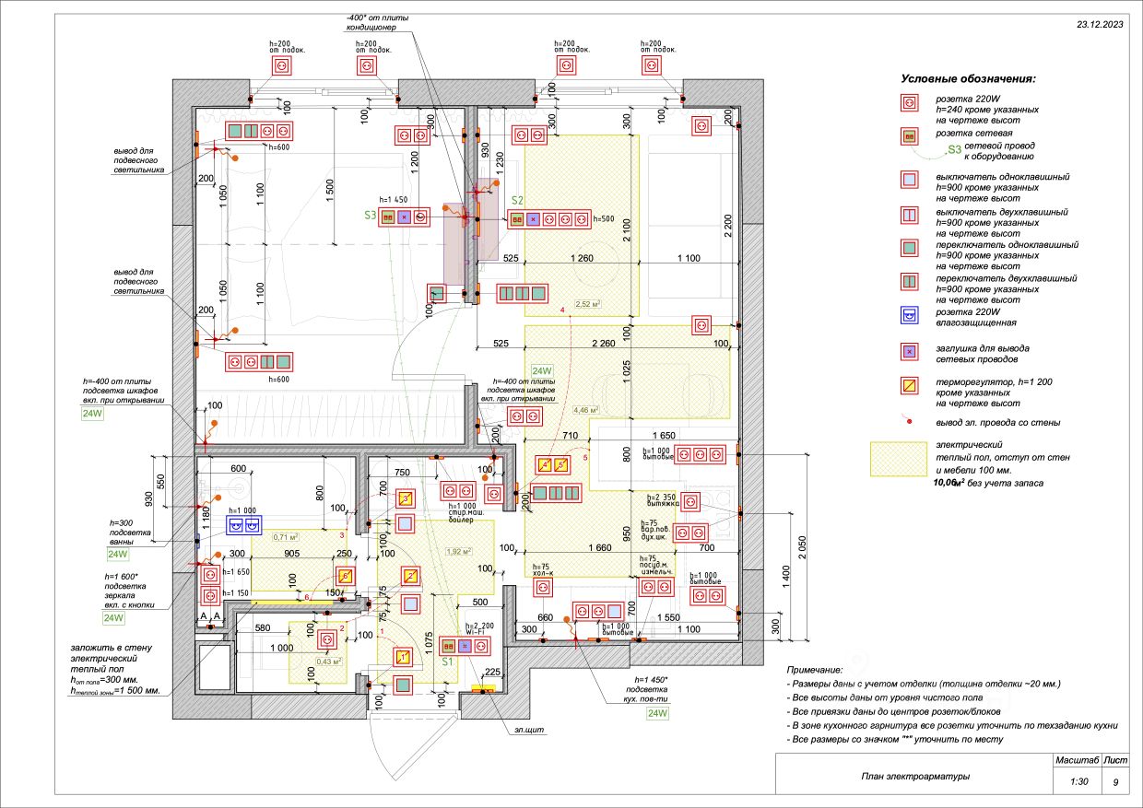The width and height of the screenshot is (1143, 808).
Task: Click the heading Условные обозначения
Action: click(968, 79)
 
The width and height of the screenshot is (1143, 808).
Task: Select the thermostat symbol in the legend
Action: click(910, 385)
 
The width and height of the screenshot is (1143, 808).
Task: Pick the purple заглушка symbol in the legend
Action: click(910, 351)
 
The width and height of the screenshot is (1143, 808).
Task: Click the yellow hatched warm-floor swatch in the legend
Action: click(899, 459)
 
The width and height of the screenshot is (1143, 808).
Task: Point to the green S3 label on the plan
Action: click(370, 216)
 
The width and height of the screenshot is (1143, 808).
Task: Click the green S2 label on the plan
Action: click(517, 200)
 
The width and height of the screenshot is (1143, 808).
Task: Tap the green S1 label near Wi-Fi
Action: click(447, 661)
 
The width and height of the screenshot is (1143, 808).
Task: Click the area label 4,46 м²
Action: click(586, 410)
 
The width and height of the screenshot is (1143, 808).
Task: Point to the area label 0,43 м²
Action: click(330, 661)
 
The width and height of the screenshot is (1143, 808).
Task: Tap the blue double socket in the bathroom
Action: click(244, 525)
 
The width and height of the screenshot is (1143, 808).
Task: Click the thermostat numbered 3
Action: click(404, 498)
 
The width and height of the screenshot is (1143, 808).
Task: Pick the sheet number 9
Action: click(1115, 782)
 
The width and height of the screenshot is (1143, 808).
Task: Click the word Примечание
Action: click(816, 670)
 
